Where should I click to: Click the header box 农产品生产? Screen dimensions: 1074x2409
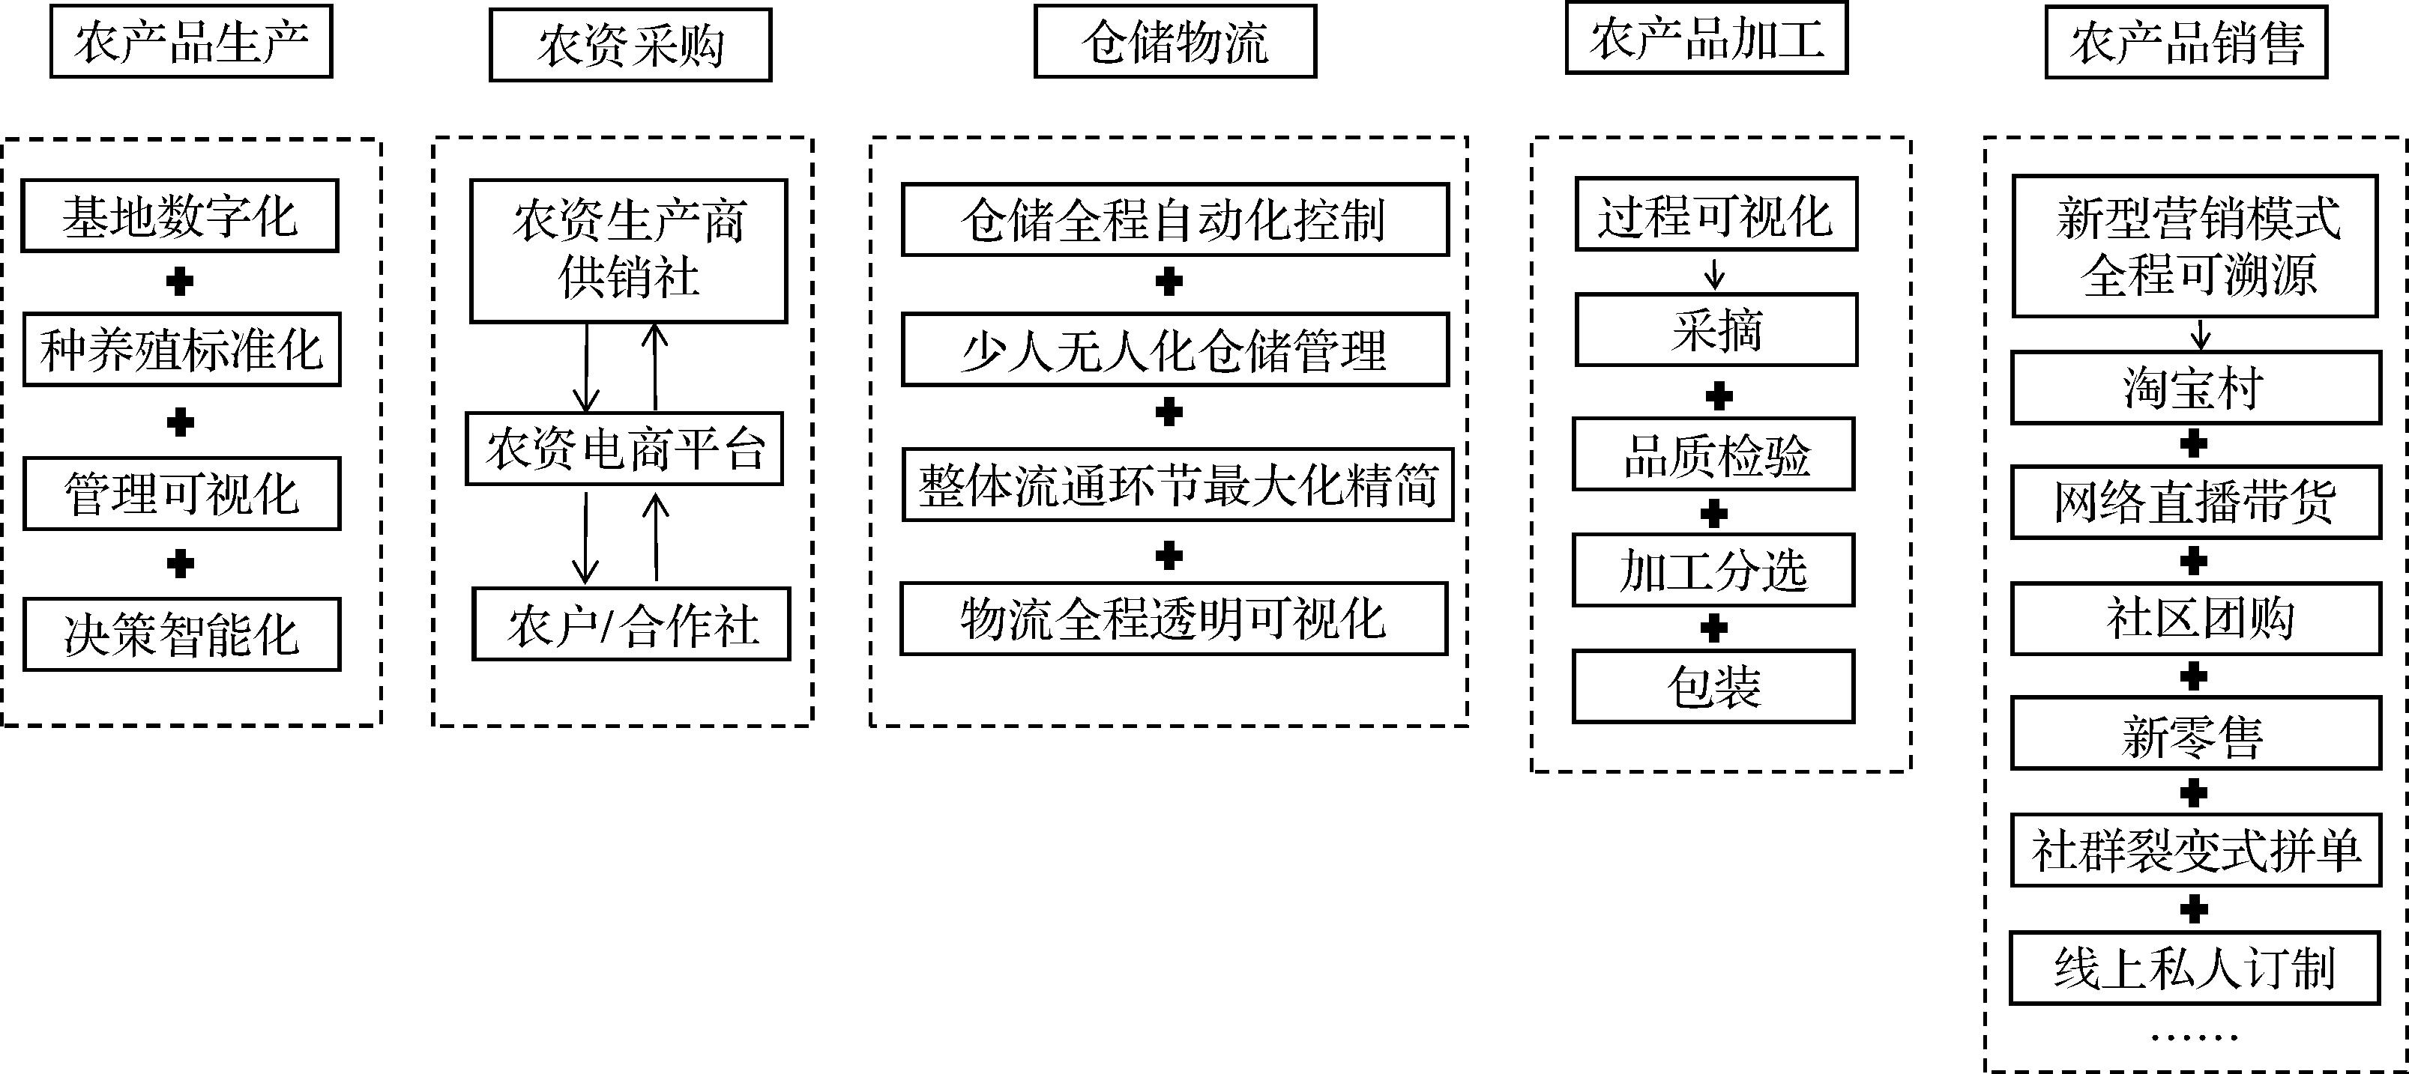(191, 42)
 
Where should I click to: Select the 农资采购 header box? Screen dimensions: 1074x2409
(630, 46)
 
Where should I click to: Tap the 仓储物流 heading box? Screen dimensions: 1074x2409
(1175, 42)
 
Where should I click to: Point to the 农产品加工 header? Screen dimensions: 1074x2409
(1707, 39)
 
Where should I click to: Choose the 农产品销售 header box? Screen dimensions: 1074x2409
(2186, 43)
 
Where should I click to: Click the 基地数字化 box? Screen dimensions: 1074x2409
(180, 216)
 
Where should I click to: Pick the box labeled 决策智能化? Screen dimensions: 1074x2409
(181, 634)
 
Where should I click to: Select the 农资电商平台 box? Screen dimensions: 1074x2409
(624, 449)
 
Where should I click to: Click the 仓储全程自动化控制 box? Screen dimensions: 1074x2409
(1175, 219)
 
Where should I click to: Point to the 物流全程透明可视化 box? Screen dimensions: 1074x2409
(1174, 619)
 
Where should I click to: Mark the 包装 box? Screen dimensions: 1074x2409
(1713, 687)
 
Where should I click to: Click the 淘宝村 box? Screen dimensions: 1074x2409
(2195, 388)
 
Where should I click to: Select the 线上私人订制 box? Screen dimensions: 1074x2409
(2194, 968)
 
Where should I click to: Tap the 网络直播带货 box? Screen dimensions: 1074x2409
(2195, 503)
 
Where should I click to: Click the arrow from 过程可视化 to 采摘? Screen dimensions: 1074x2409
(1715, 273)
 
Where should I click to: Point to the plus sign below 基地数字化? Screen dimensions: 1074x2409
(180, 282)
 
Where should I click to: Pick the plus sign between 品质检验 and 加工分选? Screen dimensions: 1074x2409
(1713, 513)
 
